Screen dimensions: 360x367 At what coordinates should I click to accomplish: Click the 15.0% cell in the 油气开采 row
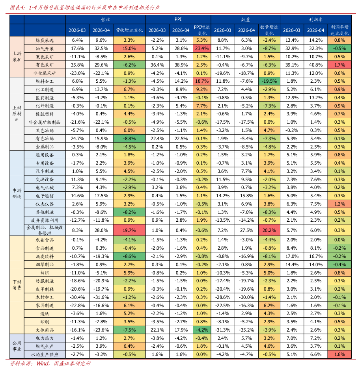[129, 48]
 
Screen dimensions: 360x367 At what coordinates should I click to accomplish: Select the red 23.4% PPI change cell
[202, 48]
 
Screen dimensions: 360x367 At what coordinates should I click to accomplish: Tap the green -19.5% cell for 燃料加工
[269, 81]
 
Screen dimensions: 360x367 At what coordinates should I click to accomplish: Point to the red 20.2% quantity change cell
[269, 230]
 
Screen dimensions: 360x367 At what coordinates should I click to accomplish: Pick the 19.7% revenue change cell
[129, 230]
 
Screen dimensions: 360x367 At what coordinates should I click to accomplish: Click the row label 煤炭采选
[45, 40]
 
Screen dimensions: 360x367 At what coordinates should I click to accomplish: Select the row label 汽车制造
[45, 171]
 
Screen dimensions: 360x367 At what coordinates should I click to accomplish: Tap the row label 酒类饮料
[45, 256]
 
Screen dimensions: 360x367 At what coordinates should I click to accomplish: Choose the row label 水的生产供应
[45, 354]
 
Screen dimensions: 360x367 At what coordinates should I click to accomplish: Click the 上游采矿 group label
[17, 56]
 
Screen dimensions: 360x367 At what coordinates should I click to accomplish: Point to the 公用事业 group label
[17, 346]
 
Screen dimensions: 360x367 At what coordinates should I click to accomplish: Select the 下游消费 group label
[17, 285]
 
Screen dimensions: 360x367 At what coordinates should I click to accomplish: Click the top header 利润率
[316, 20]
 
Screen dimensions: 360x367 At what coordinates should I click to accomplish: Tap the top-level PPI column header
[178, 19]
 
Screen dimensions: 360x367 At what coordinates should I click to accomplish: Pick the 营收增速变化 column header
[129, 30]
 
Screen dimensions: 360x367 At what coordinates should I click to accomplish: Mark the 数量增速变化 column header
[269, 30]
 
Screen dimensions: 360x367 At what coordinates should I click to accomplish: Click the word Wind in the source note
[43, 363]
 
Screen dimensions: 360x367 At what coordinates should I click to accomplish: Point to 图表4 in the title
[17, 7]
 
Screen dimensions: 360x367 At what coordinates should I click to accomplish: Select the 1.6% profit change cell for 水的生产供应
[339, 354]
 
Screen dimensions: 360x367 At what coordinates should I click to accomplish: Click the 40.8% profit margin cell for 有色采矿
[316, 65]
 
